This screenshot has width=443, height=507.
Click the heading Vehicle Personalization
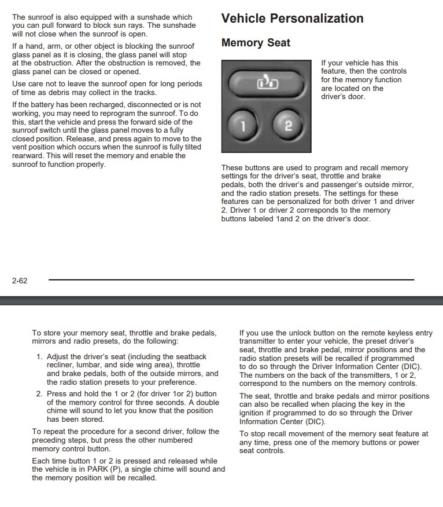[x=292, y=18]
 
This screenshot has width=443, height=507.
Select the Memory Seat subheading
[x=256, y=43]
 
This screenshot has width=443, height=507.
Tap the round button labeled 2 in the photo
[x=289, y=126]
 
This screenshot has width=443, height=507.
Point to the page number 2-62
[x=20, y=281]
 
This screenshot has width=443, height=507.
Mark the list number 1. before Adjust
[x=39, y=357]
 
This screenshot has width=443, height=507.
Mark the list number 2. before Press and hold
[x=39, y=394]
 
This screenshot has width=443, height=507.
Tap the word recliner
[x=61, y=366]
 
